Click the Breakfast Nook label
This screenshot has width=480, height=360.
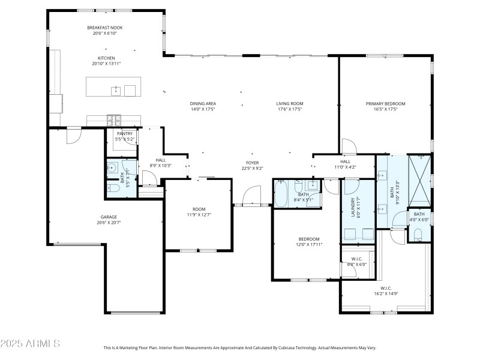point(105,28)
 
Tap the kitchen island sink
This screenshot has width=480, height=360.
point(115,91)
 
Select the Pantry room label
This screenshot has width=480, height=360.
point(125,133)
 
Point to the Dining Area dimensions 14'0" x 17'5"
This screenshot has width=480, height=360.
point(203,109)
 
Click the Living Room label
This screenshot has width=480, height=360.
point(289,103)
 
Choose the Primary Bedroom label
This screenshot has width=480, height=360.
point(386,103)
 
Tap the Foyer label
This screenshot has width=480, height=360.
point(253,163)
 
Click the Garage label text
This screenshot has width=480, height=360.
point(109,217)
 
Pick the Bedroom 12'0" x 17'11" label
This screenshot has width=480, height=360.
point(308,239)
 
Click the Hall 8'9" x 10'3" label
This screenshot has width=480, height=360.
point(160,160)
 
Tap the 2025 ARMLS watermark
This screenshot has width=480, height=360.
point(30,344)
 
